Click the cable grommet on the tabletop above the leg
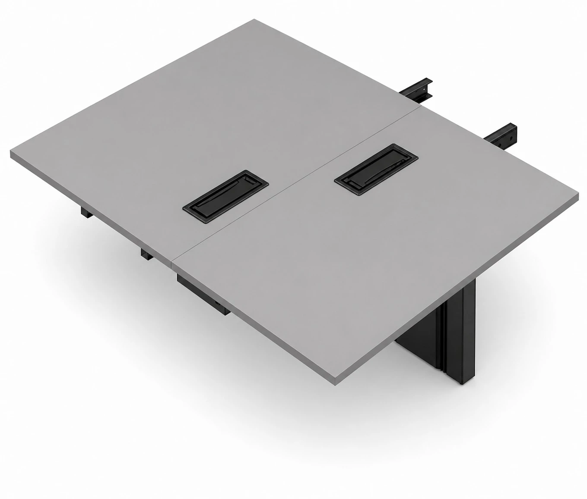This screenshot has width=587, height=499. coord(376,170)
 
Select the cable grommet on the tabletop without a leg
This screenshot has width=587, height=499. coord(225,196)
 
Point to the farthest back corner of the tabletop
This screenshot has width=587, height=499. coord(255,20)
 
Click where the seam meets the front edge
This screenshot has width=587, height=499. coord(173,261)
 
